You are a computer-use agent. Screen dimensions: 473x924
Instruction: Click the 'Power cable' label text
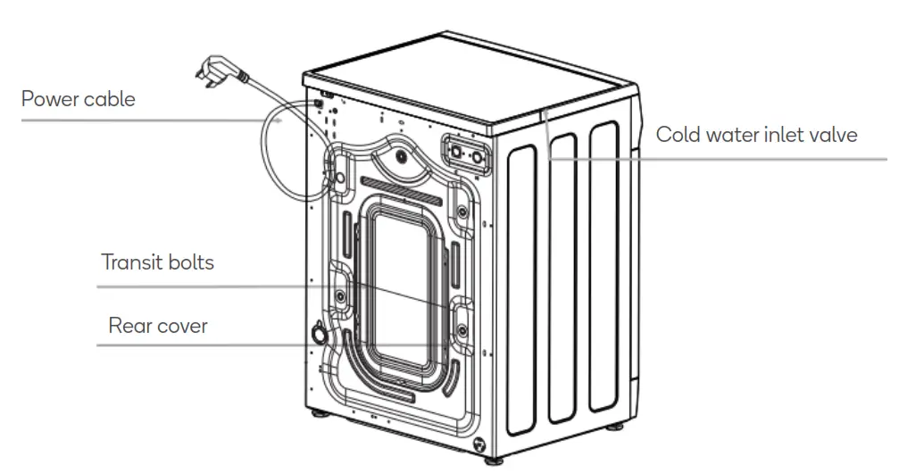pyautogui.click(x=79, y=99)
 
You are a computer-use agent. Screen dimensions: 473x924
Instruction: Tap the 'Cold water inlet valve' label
pyautogui.click(x=756, y=135)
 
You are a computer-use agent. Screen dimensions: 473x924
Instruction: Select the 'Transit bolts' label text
pyautogui.click(x=157, y=262)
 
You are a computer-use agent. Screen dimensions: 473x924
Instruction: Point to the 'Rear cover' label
pyautogui.click(x=158, y=326)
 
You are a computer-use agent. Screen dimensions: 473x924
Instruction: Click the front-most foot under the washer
pyautogui.click(x=493, y=459)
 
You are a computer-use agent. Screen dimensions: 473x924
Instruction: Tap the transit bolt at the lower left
pyautogui.click(x=340, y=295)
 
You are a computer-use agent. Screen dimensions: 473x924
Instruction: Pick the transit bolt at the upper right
pyautogui.click(x=462, y=212)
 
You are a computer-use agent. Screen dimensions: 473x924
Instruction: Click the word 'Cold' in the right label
pyautogui.click(x=676, y=135)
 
